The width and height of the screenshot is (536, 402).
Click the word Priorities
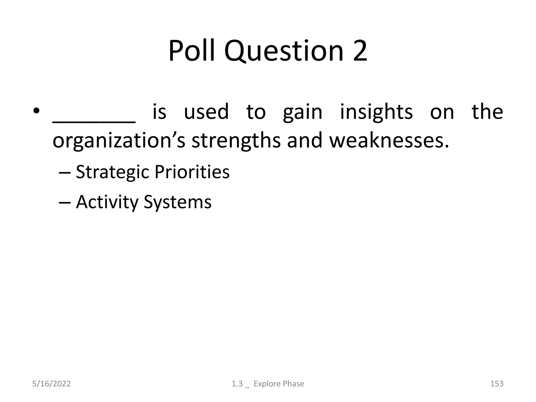coord(192,172)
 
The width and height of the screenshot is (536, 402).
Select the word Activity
coord(107,203)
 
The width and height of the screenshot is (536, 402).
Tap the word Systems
coord(177,203)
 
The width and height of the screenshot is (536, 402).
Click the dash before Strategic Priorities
coord(64,173)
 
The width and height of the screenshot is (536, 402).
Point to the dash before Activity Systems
coord(64,203)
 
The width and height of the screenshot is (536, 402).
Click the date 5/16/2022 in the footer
coord(51,384)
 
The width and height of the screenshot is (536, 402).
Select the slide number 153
coord(496,384)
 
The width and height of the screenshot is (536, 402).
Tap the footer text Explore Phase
coord(279,384)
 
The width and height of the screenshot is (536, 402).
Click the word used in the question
coord(206,112)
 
